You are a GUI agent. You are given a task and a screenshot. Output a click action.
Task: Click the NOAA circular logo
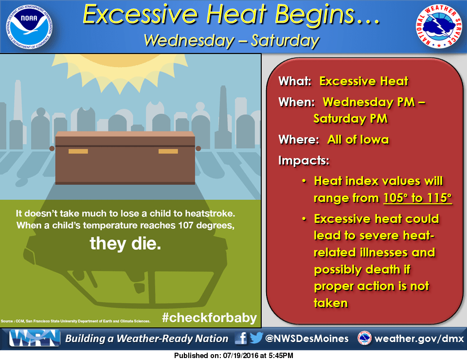click(x=29, y=26)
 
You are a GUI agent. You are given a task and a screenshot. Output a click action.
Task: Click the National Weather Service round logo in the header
click(x=439, y=26)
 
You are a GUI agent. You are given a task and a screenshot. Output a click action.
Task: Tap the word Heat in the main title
click(x=236, y=15)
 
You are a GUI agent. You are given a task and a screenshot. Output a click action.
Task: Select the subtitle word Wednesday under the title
click(x=189, y=40)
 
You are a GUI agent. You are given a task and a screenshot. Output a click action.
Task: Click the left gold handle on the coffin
click(x=78, y=151)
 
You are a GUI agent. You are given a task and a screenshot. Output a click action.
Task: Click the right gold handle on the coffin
click(x=168, y=151)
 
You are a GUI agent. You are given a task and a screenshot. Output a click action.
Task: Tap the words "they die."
click(x=125, y=244)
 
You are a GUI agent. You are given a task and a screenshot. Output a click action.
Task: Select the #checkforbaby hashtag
click(x=209, y=318)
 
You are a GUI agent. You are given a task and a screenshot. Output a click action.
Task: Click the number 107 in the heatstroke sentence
click(x=185, y=225)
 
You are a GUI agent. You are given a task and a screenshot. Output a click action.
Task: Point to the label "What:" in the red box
click(x=295, y=81)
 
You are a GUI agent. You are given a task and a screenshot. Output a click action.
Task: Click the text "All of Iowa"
click(x=358, y=139)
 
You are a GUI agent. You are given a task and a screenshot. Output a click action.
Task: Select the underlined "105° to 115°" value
click(x=417, y=198)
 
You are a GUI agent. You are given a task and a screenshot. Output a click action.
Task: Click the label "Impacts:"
click(x=304, y=161)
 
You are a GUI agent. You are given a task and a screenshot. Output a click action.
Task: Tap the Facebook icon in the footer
click(x=241, y=338)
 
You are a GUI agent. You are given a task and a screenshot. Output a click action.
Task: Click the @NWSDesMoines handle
click(x=307, y=339)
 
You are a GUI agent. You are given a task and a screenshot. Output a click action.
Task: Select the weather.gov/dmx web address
click(x=419, y=339)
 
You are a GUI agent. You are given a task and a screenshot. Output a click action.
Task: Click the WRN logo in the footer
click(x=34, y=338)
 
